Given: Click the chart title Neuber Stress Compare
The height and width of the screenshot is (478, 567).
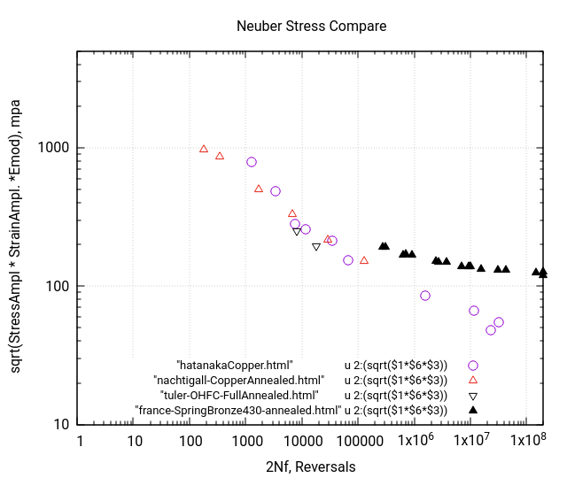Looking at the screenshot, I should [x=311, y=26].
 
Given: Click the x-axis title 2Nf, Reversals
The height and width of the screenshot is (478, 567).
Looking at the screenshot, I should [x=311, y=466].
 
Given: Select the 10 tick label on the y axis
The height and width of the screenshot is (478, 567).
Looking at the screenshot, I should [x=63, y=424].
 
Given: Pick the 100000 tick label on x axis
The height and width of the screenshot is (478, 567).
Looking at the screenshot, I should [x=358, y=440].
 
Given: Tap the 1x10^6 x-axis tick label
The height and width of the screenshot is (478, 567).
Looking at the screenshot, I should [x=414, y=440].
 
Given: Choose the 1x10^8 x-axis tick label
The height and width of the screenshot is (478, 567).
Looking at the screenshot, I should [x=525, y=440].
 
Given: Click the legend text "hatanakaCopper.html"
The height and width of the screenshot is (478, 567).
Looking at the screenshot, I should [x=235, y=365].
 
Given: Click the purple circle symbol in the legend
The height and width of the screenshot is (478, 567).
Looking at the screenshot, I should [x=473, y=365].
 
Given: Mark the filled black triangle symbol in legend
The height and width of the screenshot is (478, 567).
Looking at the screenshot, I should [x=473, y=410].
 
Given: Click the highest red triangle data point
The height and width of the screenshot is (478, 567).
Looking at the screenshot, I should [x=204, y=149].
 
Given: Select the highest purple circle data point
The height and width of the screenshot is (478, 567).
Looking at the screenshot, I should [x=252, y=162].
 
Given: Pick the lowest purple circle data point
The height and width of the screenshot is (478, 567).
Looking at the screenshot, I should [x=491, y=330].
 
